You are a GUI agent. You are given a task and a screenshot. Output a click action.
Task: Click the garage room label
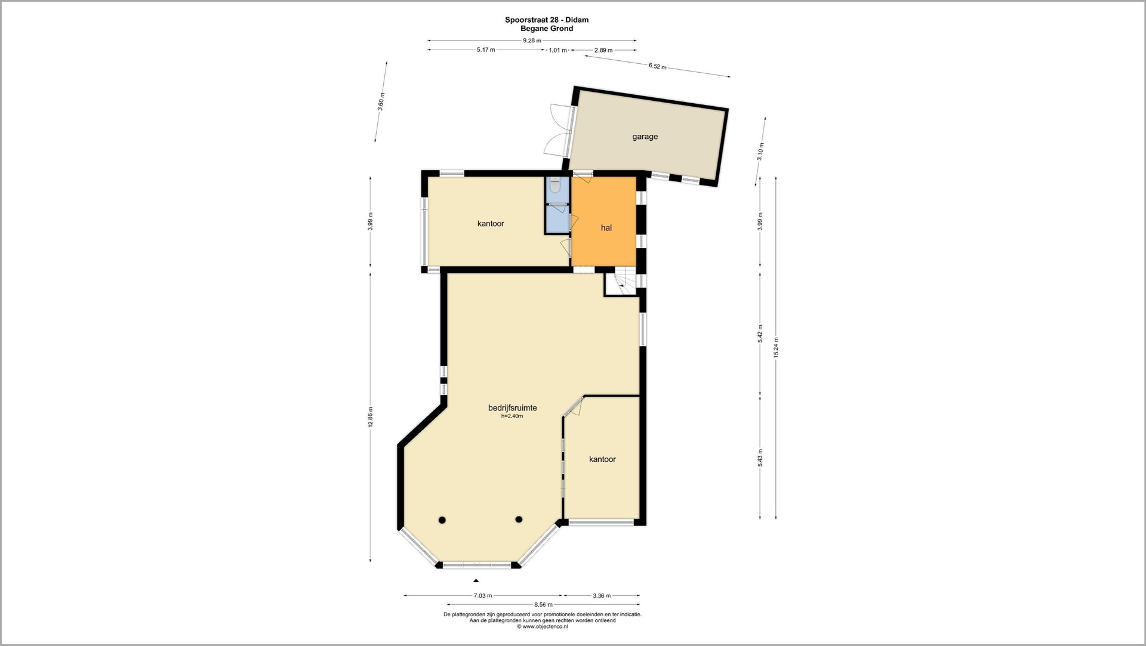[x=645, y=137]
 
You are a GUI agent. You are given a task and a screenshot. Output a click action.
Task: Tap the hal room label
[x=606, y=228]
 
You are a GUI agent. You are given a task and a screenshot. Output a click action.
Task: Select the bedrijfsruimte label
[x=512, y=408]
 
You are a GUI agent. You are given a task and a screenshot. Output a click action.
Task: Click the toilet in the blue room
[x=555, y=187]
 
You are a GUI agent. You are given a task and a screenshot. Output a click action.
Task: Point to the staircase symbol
[x=620, y=285]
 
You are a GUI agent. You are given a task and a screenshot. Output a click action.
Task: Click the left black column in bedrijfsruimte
[x=442, y=520]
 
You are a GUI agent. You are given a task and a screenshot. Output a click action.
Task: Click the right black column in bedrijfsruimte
[x=519, y=520]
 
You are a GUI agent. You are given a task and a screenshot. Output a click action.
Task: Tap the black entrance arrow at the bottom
[x=476, y=580]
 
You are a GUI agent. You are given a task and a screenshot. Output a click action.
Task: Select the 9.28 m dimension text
[x=532, y=41]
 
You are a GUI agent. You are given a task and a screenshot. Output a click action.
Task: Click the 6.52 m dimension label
[x=657, y=67]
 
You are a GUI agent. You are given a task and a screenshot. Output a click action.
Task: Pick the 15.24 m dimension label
[x=776, y=348]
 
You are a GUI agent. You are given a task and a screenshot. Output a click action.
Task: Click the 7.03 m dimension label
[x=483, y=595]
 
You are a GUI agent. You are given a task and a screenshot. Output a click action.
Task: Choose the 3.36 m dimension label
[x=601, y=595]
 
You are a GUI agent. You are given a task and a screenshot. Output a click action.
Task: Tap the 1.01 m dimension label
[x=557, y=50]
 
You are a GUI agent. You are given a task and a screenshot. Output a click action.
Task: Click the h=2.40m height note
[x=512, y=416]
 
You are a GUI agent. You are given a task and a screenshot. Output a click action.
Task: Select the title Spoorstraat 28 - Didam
[x=547, y=20]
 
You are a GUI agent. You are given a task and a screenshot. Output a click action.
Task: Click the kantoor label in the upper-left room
[x=491, y=224]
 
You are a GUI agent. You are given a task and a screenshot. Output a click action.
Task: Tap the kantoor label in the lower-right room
[x=602, y=459]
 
